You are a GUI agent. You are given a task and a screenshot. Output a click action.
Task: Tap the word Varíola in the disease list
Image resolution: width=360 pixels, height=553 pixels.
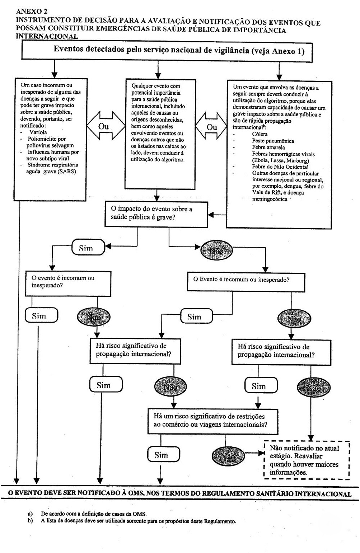coord(38,132)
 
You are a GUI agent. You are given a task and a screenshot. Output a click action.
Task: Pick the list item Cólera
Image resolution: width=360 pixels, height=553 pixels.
coord(260,134)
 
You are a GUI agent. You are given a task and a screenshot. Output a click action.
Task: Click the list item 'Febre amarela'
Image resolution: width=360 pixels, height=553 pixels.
coord(268,147)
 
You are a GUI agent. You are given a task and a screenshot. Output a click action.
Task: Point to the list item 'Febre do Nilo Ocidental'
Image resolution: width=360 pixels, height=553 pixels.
coord(280,167)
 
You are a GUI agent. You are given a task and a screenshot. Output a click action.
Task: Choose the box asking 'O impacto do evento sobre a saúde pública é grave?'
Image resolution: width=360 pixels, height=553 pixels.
coord(156,214)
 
